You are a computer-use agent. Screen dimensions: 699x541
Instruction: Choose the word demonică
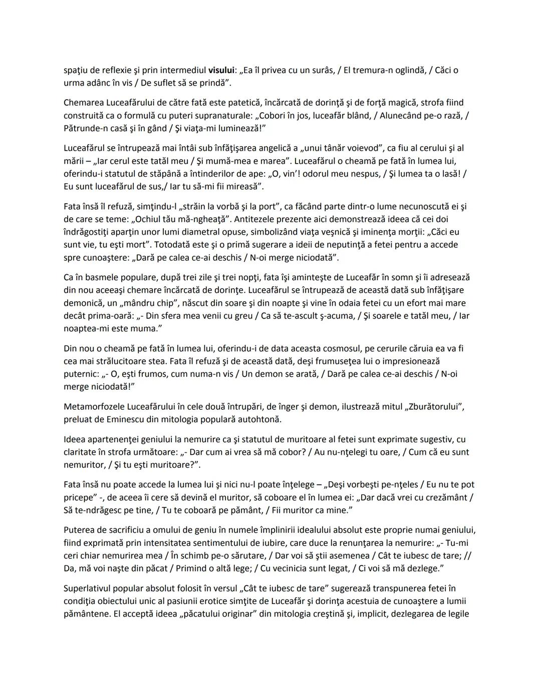pos(82,303)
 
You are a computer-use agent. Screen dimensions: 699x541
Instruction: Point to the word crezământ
pos(444,497)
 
